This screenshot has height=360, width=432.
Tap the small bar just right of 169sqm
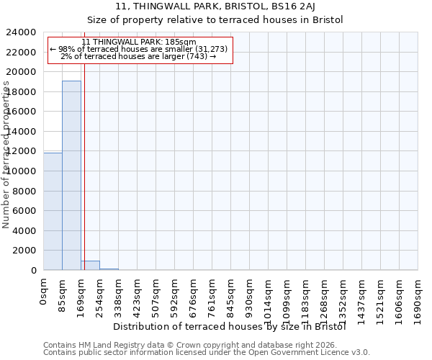(x=90, y=265)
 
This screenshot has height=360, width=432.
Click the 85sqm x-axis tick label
(x=63, y=294)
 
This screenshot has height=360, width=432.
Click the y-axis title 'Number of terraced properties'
(x=6, y=155)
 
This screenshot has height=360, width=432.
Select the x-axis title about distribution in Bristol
(x=230, y=326)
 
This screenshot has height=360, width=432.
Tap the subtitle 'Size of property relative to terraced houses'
(x=216, y=19)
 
